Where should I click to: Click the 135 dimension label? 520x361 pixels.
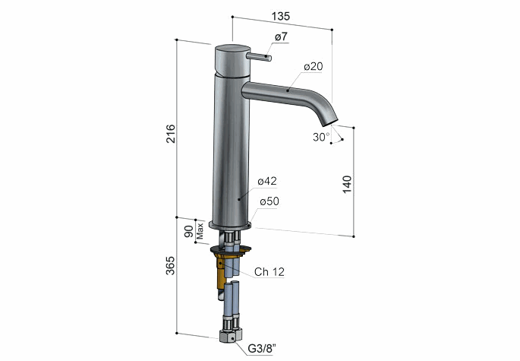(x=281, y=16)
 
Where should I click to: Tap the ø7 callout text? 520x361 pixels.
(x=281, y=36)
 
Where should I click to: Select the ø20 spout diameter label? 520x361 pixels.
(x=313, y=66)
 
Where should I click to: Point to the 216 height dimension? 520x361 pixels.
(x=171, y=134)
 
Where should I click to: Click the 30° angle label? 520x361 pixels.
(x=321, y=137)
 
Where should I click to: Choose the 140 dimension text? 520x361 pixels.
(x=347, y=185)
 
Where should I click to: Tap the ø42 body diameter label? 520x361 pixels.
(x=267, y=181)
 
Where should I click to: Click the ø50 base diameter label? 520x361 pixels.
(x=269, y=201)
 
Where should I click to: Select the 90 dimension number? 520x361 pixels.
(x=188, y=231)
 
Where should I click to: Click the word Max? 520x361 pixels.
(x=200, y=231)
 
